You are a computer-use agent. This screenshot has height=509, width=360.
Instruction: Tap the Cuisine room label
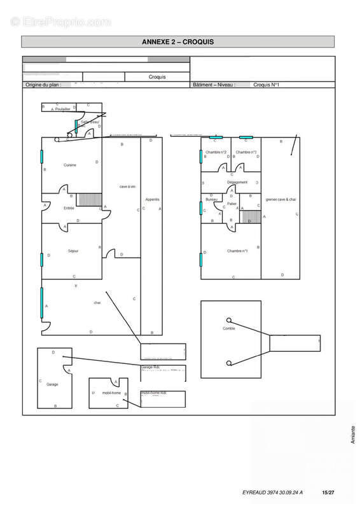click(70, 165)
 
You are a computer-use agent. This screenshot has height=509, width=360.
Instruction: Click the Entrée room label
click(69, 208)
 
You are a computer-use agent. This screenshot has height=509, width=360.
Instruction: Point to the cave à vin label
click(128, 186)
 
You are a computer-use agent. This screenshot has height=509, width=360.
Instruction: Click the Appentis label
click(152, 199)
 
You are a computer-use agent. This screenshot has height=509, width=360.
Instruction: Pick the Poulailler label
click(62, 109)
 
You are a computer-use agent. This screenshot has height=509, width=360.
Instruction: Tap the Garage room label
click(52, 384)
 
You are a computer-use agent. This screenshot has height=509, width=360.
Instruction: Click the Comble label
click(229, 328)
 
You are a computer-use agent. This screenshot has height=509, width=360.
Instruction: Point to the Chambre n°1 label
click(237, 251)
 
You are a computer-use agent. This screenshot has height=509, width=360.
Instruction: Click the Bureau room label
click(212, 200)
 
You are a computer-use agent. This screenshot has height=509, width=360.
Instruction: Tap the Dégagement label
click(237, 183)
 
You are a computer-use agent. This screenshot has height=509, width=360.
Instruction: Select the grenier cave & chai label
click(281, 199)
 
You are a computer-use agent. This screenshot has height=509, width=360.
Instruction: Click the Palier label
click(232, 204)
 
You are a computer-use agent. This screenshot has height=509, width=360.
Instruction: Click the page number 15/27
click(328, 492)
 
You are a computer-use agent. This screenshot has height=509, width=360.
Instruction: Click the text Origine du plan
click(42, 84)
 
